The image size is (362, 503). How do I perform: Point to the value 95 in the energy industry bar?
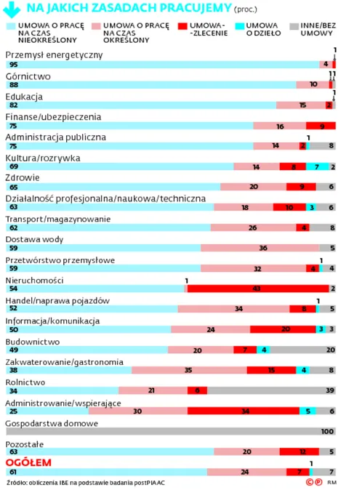[12, 65]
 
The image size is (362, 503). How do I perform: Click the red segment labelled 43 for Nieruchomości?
[257, 289]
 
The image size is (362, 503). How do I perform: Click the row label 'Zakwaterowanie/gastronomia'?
[64, 361]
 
